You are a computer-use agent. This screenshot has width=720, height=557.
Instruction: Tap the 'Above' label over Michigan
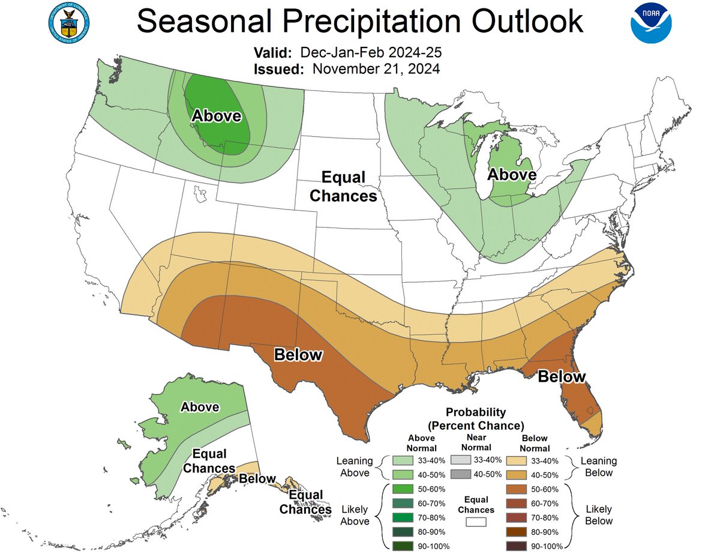pos(512,174)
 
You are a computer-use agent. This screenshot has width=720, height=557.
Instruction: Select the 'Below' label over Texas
pos(298,355)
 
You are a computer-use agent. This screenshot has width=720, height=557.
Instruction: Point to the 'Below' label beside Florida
pos(561,377)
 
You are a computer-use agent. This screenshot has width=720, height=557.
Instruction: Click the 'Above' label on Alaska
pos(200,407)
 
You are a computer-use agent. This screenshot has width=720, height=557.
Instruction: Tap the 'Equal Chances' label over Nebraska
pos(344,187)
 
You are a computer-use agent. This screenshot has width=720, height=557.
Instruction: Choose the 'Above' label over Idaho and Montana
pos(216,115)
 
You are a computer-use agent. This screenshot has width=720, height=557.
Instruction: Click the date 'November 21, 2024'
pos(376,68)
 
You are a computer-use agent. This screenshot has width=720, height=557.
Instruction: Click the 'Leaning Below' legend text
pos(598,466)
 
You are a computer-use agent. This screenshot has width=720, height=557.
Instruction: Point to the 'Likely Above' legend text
pos(355,515)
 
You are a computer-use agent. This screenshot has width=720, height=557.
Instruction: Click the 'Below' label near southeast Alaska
pos(257,479)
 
